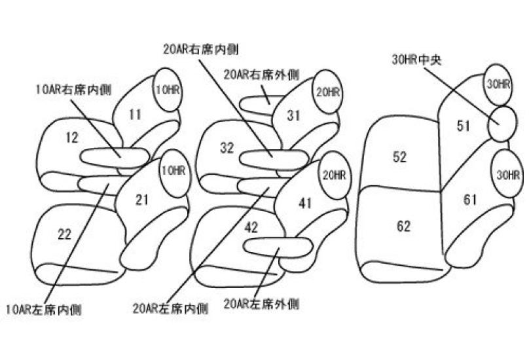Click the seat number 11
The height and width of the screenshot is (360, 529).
tap(134, 115)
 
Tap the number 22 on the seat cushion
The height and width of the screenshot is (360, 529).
tap(64, 235)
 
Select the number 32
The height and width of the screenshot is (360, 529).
tap(227, 149)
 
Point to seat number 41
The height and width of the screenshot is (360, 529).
tap(304, 203)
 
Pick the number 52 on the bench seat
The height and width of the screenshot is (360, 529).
tap(400, 157)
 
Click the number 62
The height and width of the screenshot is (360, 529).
tap(403, 226)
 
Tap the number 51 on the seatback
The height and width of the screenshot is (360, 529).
tap(464, 126)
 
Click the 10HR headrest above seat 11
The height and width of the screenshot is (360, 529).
tap(166, 90)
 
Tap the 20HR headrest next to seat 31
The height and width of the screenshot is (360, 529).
tap(327, 93)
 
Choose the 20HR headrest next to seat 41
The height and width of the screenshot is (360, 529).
tap(334, 175)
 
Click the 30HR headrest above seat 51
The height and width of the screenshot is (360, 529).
tap(499, 84)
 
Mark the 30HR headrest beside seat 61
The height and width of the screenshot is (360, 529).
tap(508, 175)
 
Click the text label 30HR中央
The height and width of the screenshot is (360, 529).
tap(417, 60)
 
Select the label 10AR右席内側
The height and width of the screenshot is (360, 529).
tap(73, 89)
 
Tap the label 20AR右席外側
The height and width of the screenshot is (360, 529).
tap(261, 75)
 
